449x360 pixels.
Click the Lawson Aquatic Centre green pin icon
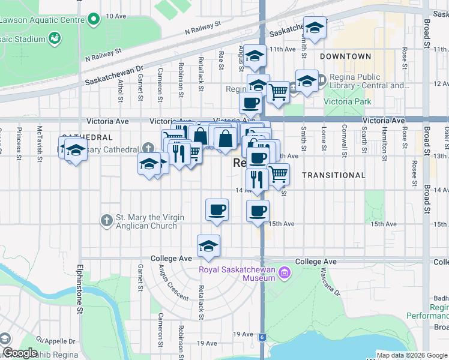coord(93,20)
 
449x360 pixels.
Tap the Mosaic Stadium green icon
coord(55,39)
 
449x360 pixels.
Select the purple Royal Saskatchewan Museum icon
coord(285,274)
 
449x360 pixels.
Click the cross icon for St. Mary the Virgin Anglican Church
coord(106,221)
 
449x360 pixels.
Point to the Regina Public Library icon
coord(321,79)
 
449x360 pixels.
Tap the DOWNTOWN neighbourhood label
coord(345,56)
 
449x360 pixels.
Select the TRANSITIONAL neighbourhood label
coord(333,175)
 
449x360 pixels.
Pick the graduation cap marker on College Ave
coord(208,246)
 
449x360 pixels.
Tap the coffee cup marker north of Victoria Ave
coord(250,103)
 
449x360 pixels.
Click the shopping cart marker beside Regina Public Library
coord(278,92)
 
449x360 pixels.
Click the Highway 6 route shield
coord(262,337)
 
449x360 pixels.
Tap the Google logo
coord(20,353)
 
